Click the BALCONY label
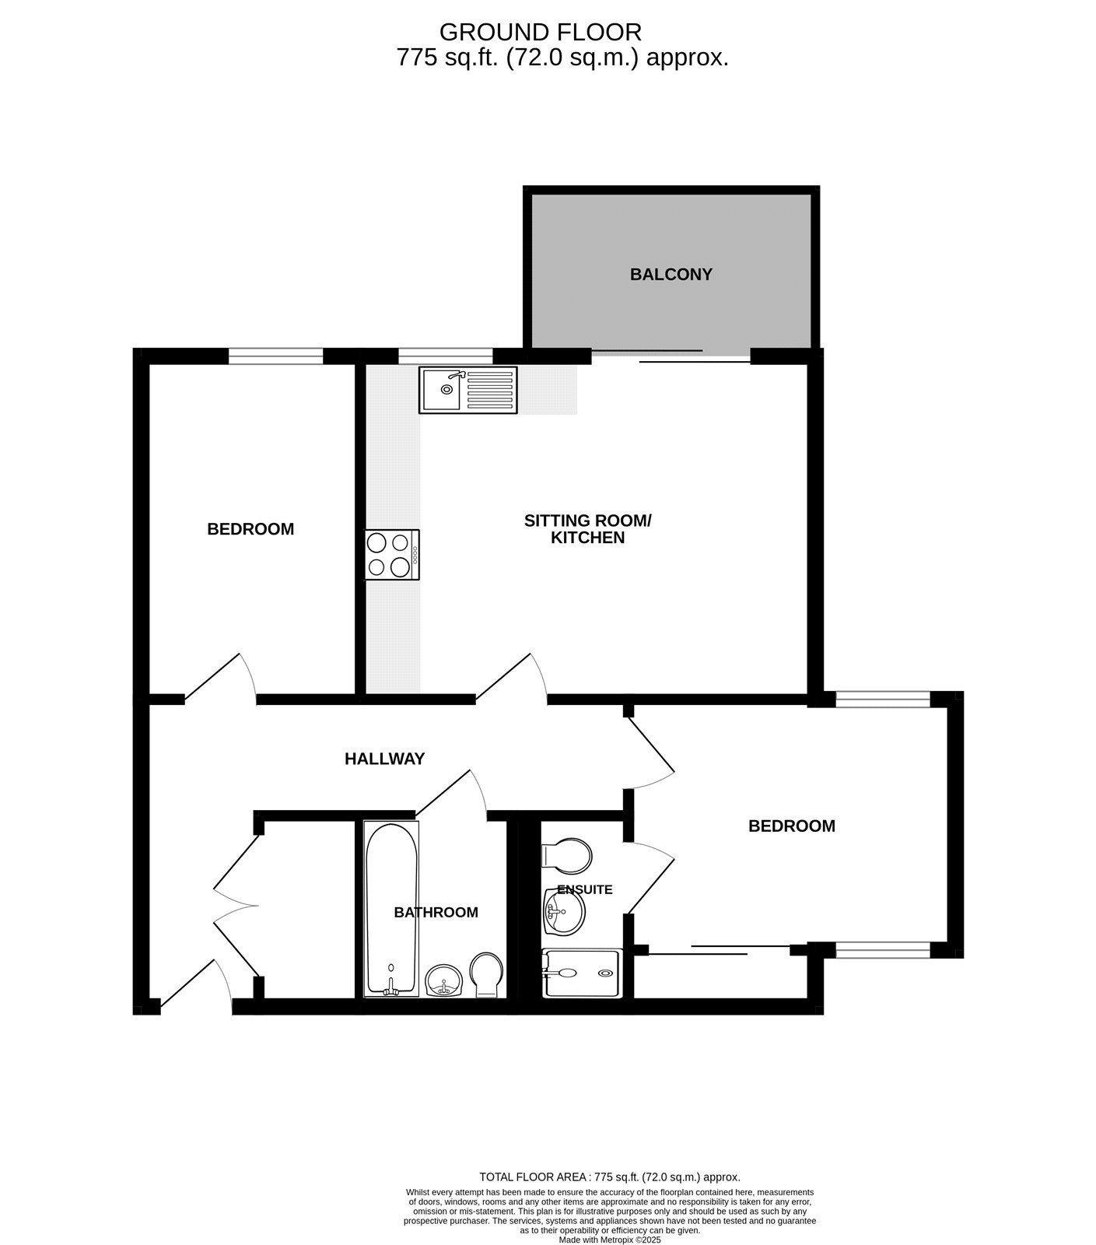point(671,275)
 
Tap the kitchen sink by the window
point(467,390)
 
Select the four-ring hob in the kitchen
point(392,555)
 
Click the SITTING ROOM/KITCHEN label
point(587,529)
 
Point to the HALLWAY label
point(384,759)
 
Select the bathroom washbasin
point(444,980)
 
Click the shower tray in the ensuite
point(582,973)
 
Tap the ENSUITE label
point(585,889)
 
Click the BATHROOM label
point(436,913)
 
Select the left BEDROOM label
point(250,529)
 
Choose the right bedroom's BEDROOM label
point(791,826)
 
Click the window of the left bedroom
point(275,356)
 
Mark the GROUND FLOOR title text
point(540,32)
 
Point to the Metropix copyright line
point(610,1240)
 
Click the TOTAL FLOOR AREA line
point(609,1177)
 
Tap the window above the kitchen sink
point(445,356)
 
